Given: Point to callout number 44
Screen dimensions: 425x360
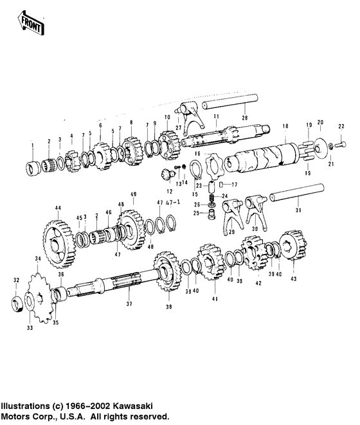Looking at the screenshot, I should [57, 208].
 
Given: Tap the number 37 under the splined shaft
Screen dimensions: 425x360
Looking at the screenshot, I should [128, 304].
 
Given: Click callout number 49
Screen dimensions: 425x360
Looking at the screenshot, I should [134, 194].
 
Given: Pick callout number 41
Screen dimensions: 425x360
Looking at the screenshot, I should [215, 299].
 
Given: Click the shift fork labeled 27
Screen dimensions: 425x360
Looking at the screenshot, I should [190, 118].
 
